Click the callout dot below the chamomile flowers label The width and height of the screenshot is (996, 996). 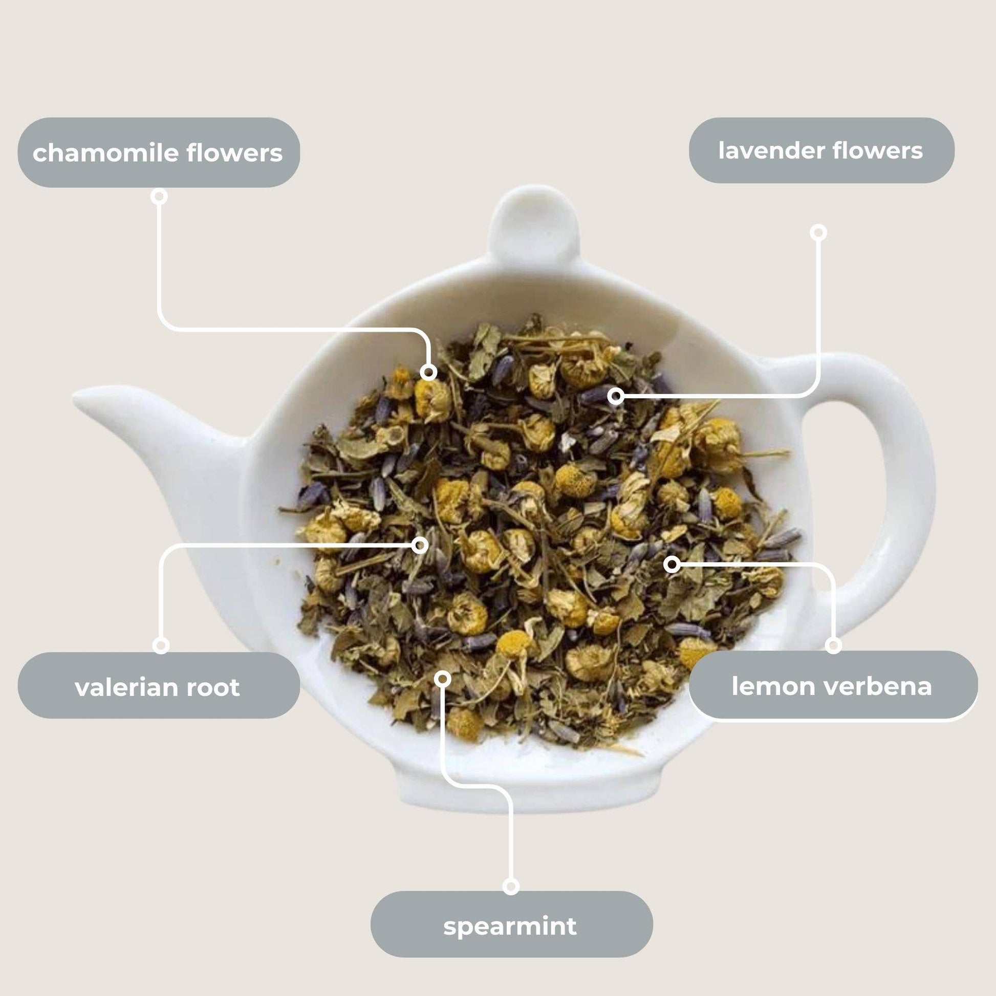160,197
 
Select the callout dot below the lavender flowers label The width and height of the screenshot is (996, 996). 818,232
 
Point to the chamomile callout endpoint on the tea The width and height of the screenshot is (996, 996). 428,372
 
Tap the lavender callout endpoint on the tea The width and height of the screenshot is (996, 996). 615,397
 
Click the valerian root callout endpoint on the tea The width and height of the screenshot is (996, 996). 421,545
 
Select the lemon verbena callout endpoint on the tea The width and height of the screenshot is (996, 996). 672,565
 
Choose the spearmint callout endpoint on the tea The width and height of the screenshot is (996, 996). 442,679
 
